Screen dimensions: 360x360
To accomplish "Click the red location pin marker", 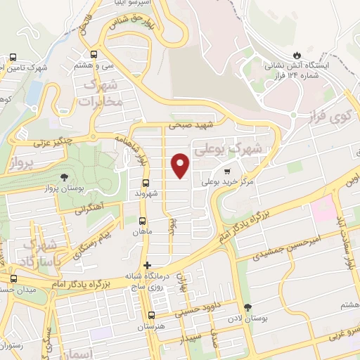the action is click(x=181, y=165).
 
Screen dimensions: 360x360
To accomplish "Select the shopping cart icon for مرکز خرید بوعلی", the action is click(x=226, y=171).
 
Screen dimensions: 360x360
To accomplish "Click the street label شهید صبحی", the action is click(x=189, y=127).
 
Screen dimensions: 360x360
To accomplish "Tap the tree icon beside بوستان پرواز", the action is click(x=65, y=177).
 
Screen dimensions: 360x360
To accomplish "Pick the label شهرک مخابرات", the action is click(x=98, y=94).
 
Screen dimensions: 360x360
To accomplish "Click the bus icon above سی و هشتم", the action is click(x=94, y=53).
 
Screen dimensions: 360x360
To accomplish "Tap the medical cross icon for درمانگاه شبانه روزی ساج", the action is click(x=147, y=265).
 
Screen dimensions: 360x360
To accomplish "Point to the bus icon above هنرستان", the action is click(x=151, y=315).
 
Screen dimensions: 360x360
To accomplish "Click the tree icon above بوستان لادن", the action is click(x=247, y=307).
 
